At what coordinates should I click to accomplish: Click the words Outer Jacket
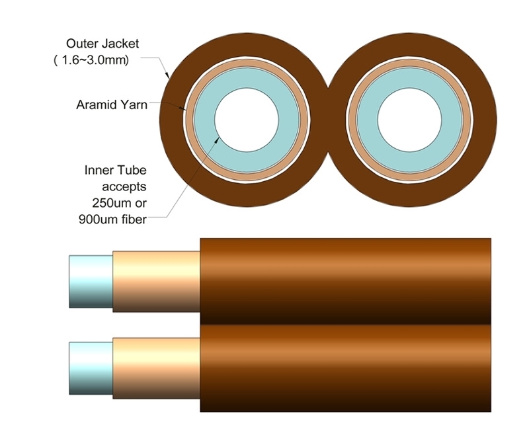coord(102,44)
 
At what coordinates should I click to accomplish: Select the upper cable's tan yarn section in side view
coord(156,280)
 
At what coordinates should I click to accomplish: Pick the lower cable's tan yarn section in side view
coord(156,368)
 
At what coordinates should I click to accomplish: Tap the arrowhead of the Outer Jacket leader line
coord(169,77)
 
